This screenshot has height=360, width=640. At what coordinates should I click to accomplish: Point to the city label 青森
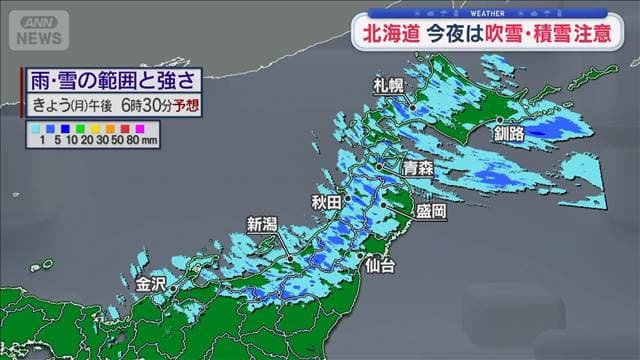pyautogui.click(x=417, y=169)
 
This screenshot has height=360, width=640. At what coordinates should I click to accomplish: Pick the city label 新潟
pyautogui.click(x=261, y=224)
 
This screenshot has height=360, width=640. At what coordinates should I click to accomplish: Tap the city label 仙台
pyautogui.click(x=379, y=266)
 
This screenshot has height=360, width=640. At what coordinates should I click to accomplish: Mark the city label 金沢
pyautogui.click(x=151, y=283)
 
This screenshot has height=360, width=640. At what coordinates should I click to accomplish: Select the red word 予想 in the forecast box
pyautogui.click(x=184, y=104)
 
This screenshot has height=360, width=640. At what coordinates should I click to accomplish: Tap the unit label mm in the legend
pyautogui.click(x=151, y=142)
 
